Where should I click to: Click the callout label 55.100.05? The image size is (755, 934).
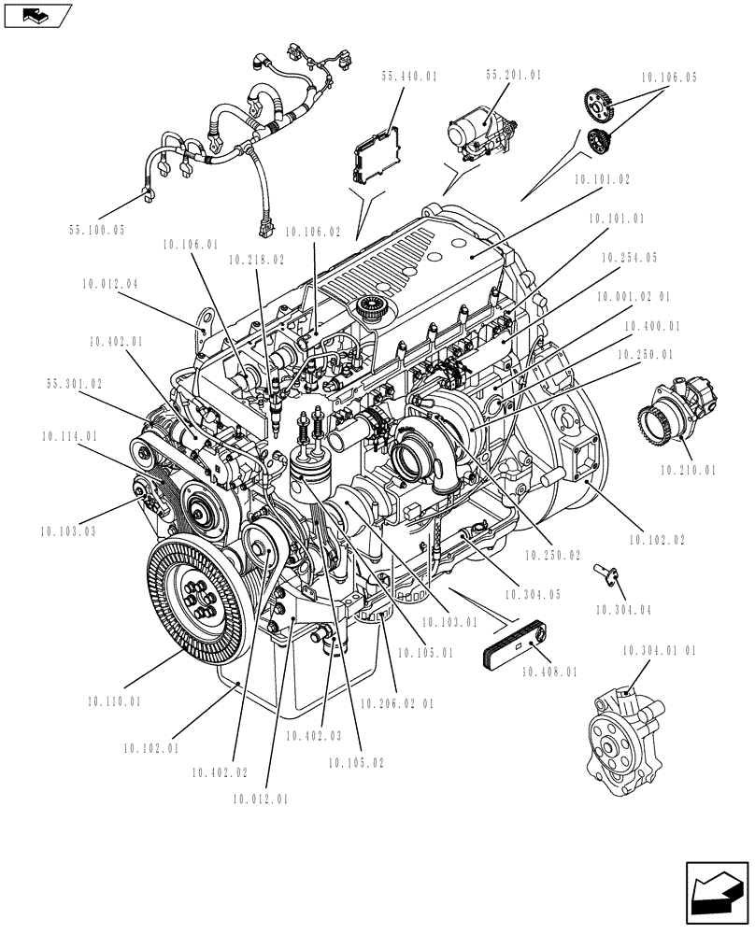point(97,229)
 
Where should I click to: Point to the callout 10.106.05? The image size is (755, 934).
point(669,80)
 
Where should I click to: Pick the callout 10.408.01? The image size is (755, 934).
point(549,671)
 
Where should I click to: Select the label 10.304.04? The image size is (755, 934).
point(622,611)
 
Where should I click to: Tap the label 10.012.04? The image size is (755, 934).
point(109,282)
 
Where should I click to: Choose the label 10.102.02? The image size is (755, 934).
point(657,540)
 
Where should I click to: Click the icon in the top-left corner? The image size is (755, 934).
point(37,14)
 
